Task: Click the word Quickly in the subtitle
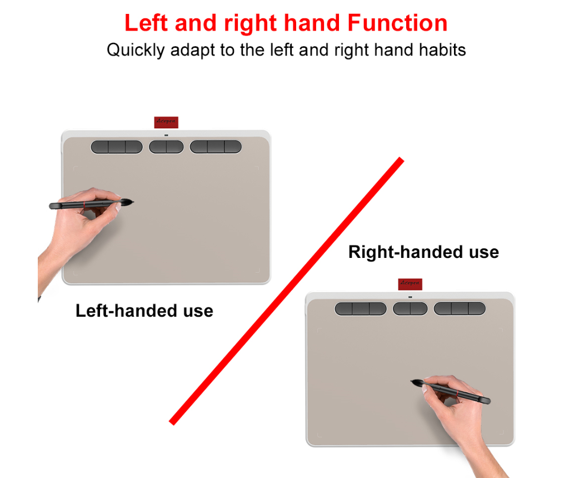click(x=136, y=51)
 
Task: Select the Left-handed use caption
click(x=144, y=311)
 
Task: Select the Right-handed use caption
click(x=423, y=252)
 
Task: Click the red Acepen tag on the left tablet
click(x=166, y=122)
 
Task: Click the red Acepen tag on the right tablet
click(x=410, y=284)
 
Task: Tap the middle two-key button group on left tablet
click(x=166, y=147)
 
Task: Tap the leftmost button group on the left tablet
click(x=117, y=147)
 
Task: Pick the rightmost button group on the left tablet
click(x=216, y=147)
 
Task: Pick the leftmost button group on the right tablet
click(x=360, y=309)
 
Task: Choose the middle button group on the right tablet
click(x=410, y=309)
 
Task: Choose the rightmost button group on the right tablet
click(x=460, y=309)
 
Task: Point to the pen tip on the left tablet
click(x=133, y=202)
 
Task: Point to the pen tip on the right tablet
click(x=412, y=381)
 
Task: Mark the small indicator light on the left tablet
click(x=166, y=135)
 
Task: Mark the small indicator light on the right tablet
click(x=410, y=297)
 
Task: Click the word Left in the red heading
click(x=146, y=23)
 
